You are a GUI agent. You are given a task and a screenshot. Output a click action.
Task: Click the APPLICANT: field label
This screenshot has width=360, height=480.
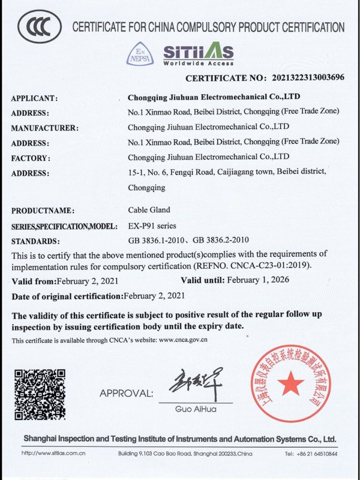[34, 98]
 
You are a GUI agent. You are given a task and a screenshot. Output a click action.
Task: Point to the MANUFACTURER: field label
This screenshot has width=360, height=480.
[45, 128]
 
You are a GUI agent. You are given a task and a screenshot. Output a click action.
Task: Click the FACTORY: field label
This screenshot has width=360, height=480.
[31, 158]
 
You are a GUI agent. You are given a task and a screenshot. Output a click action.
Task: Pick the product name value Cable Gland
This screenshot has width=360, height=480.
[149, 210]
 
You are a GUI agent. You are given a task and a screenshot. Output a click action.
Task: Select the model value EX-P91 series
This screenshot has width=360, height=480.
[152, 226]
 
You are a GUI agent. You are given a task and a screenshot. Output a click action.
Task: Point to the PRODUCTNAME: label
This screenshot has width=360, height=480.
[43, 211]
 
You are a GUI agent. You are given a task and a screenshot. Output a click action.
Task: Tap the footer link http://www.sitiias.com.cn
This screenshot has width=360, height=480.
[53, 453]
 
